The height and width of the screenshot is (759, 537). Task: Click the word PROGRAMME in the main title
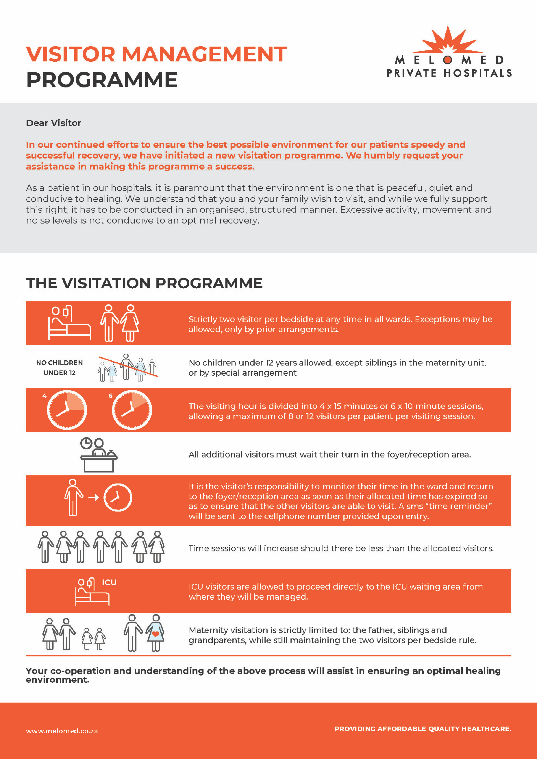pos(102,80)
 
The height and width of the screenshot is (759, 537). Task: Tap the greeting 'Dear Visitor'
pos(53,123)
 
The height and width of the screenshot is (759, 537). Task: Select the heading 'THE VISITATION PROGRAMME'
pos(144,283)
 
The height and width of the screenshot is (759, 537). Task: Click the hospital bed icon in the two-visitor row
pos(69,323)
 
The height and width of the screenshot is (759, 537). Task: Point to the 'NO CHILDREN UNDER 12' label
pos(60,368)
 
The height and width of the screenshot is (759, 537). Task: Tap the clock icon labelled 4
pos(67,410)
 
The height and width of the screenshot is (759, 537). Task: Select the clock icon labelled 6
pos(132,410)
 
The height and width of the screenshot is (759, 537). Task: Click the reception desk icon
pos(98,455)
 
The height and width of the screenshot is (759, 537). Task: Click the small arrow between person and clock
pos(94,497)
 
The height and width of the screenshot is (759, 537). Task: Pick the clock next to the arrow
pos(118,497)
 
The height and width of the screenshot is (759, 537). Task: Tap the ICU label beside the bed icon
pos(109,582)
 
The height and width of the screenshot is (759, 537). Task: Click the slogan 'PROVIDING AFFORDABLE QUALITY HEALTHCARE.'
pos(423,729)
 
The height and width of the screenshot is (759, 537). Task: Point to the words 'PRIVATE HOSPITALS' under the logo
pos(449,73)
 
